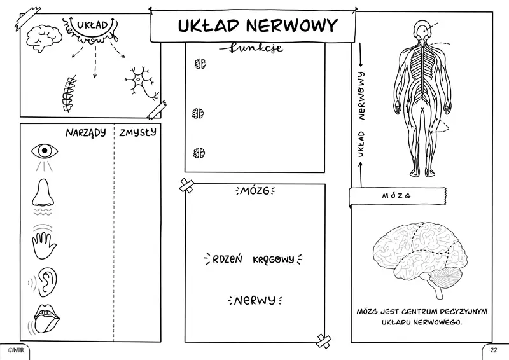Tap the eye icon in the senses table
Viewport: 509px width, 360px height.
(x=44, y=151)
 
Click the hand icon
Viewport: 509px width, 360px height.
(x=43, y=242)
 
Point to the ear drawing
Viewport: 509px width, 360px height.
(x=47, y=280)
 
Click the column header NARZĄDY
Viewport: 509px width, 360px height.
(x=85, y=134)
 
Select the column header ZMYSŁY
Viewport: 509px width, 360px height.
(x=137, y=134)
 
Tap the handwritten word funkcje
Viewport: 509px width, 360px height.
(x=251, y=48)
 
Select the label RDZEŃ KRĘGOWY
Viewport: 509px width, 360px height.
(x=253, y=259)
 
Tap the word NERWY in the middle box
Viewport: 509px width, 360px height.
(x=254, y=300)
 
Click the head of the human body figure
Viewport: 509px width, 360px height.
(x=421, y=29)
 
